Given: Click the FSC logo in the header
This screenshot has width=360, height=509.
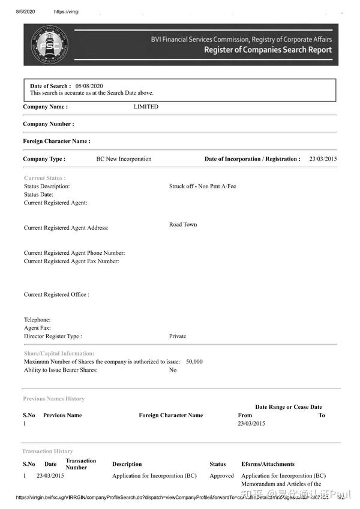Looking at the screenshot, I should pyautogui.click(x=49, y=44).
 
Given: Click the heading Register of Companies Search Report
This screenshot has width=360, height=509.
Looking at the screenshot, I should pyautogui.click(x=268, y=50).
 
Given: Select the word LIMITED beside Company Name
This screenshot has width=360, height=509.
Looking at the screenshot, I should pyautogui.click(x=146, y=107).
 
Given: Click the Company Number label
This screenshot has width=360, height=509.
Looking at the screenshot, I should pyautogui.click(x=49, y=124).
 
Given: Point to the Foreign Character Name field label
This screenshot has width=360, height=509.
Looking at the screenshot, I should pyautogui.click(x=56, y=141).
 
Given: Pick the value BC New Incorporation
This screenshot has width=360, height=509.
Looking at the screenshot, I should pyautogui.click(x=124, y=159).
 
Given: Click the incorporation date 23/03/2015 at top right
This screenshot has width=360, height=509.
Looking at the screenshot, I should pyautogui.click(x=323, y=159).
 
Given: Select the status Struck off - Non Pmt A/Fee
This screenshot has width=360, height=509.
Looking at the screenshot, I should pyautogui.click(x=202, y=186).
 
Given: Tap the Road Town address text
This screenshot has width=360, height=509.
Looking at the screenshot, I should pyautogui.click(x=183, y=225).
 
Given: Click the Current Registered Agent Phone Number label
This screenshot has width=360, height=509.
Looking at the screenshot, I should pyautogui.click(x=74, y=253).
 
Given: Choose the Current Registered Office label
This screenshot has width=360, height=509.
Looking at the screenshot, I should pyautogui.click(x=56, y=295).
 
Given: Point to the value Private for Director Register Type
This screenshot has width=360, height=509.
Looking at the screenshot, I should pyautogui.click(x=178, y=336).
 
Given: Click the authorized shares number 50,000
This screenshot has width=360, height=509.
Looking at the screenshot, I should pyautogui.click(x=194, y=362).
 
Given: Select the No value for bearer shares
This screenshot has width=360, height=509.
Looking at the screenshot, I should pyautogui.click(x=173, y=370).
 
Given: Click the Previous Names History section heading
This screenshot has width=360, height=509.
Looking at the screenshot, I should pyautogui.click(x=53, y=399).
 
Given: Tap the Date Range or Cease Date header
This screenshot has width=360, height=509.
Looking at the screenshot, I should pyautogui.click(x=288, y=407).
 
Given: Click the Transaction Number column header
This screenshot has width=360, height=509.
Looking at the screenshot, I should pyautogui.click(x=80, y=464).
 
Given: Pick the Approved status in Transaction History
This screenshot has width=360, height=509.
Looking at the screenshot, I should pyautogui.click(x=221, y=476).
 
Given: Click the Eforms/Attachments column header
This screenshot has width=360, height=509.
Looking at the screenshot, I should pyautogui.click(x=268, y=464).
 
